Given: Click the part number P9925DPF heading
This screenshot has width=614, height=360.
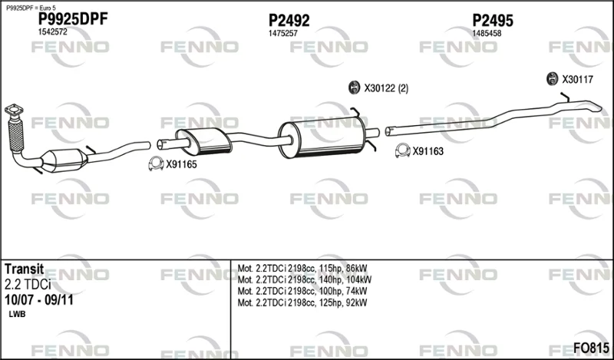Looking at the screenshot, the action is coord(72,19).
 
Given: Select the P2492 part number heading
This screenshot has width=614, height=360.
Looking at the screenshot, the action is coord(289,21).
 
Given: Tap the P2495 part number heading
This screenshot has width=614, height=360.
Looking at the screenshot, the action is coord(493,21).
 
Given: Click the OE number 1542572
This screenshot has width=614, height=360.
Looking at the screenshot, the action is coord(52,32).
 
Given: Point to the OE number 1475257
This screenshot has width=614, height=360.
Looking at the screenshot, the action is coord(282,34).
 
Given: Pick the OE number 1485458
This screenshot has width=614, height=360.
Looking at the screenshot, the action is coord(487,34).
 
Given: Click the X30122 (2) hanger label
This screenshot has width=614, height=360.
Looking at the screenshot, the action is coord(386,88).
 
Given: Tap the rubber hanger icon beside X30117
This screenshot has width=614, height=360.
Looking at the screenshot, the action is coord(552,79).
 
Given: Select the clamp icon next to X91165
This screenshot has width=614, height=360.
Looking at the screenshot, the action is coord(156,163).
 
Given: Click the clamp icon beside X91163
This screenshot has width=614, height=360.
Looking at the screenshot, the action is coord(402,150).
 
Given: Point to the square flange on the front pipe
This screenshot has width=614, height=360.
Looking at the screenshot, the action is coord(14,110).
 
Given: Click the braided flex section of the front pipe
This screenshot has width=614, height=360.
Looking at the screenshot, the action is coord(15,136).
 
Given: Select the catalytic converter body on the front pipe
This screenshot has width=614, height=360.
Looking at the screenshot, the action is coord(64,160).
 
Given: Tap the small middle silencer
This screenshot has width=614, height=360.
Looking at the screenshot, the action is coord(203,141).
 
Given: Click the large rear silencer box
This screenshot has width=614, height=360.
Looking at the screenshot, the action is coord(322,137).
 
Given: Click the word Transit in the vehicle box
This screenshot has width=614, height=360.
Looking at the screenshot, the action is coord(24,269).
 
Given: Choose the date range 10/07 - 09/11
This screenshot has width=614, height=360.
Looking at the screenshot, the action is coord(39,300).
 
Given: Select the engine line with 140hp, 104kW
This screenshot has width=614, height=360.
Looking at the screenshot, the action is coord(305,279).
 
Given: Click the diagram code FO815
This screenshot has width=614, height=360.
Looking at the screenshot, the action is coord(591,348).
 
